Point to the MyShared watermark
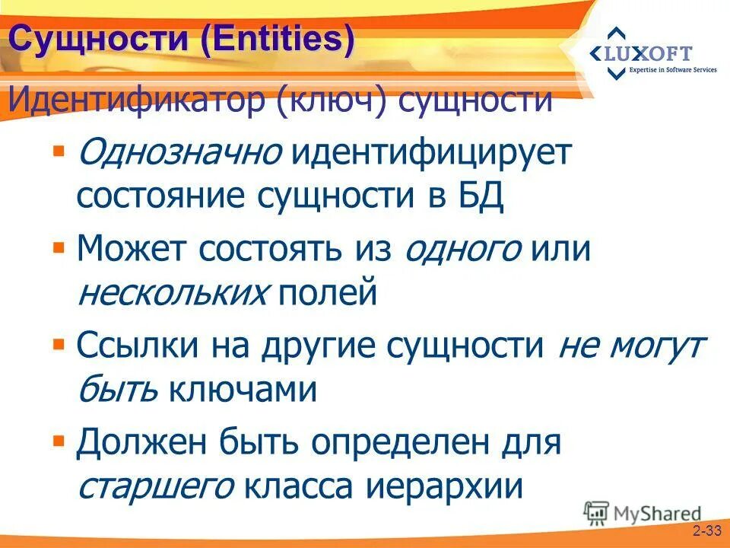coord(643,512)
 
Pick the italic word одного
coord(463,249)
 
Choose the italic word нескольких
coord(173,292)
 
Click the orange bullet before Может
coord(59,247)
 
